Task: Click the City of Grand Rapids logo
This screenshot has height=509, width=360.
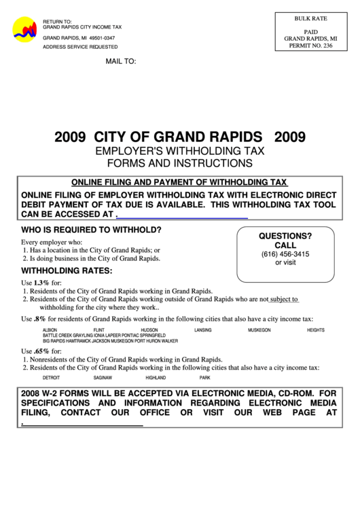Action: (x=25, y=31)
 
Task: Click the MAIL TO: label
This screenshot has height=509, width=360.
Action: (x=120, y=61)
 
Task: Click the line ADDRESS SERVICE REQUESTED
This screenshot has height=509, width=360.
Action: (x=79, y=47)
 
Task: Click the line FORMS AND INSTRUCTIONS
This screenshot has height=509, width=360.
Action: (x=179, y=163)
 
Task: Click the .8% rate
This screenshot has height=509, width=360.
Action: (x=39, y=318)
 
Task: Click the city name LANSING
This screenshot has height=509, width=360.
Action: (x=202, y=330)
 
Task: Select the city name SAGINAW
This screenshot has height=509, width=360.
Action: (x=103, y=377)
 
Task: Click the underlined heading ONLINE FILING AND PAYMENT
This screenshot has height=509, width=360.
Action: (x=179, y=182)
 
